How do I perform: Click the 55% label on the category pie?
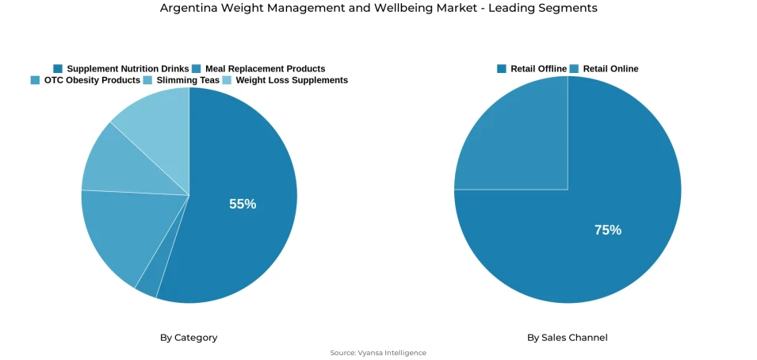click(x=243, y=204)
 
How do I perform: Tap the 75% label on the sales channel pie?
click(x=608, y=230)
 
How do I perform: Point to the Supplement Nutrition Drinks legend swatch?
click(x=58, y=69)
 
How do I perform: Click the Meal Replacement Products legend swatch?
click(x=197, y=69)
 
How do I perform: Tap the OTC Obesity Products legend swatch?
click(x=35, y=80)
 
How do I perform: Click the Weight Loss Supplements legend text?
click(x=292, y=80)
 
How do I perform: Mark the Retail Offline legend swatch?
click(x=502, y=69)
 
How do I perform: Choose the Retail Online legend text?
click(x=610, y=69)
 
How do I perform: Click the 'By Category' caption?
click(x=189, y=338)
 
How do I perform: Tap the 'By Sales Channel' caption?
click(x=568, y=338)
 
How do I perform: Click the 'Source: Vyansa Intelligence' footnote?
click(x=378, y=353)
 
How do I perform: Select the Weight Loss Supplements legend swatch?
click(x=227, y=80)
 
